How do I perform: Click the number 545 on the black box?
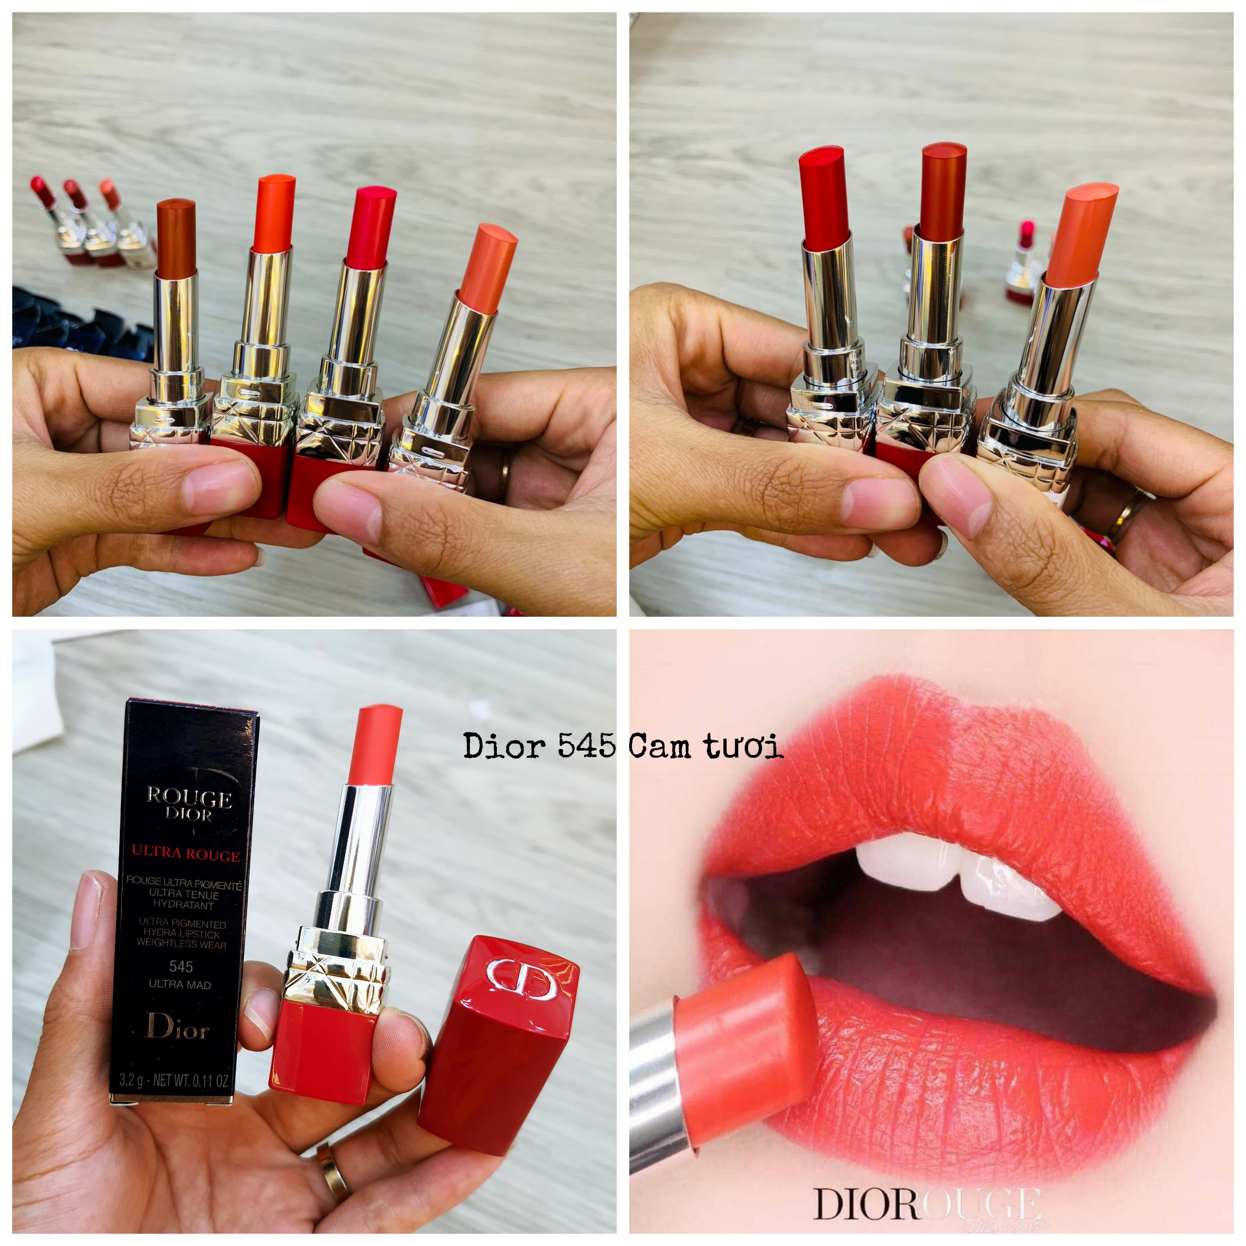click(181, 966)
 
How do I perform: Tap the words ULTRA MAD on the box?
click(180, 984)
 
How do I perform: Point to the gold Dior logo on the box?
click(177, 1026)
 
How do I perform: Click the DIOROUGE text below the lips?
click(927, 1204)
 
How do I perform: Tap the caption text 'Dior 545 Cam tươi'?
click(623, 746)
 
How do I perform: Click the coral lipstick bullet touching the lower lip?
click(741, 1039)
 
